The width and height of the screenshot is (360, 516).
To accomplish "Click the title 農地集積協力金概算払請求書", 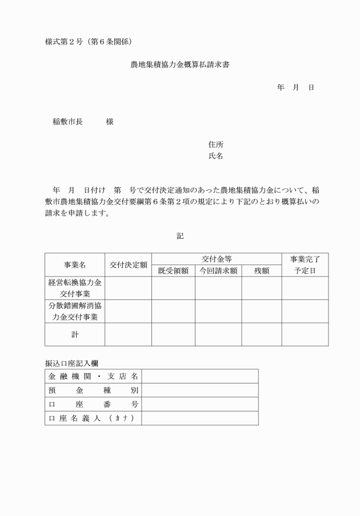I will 180,65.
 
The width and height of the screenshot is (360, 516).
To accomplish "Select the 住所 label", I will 216,145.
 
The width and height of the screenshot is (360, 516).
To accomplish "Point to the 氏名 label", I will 216,155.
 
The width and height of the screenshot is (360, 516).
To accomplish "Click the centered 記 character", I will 180,235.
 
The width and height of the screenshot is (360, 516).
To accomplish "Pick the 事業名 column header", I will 75,265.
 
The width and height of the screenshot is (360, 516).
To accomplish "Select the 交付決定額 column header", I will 129,265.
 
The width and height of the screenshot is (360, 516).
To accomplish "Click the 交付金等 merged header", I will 217,259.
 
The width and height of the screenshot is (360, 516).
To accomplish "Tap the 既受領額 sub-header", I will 173,271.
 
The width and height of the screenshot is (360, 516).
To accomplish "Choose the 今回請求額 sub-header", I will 218,271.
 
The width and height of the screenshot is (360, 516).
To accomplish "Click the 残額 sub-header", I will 261,271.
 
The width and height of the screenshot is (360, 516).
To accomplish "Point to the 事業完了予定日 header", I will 305,265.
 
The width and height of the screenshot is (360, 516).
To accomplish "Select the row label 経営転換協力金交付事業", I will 75,288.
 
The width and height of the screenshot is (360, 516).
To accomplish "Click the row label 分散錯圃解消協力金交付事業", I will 75,311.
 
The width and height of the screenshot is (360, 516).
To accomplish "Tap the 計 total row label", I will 75,334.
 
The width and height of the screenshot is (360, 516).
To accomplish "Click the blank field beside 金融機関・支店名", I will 199,376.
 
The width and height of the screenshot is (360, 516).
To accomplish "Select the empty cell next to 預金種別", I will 199,390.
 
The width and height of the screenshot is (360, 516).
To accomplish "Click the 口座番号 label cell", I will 93,404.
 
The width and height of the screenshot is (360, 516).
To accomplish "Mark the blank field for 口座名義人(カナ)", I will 199,418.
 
